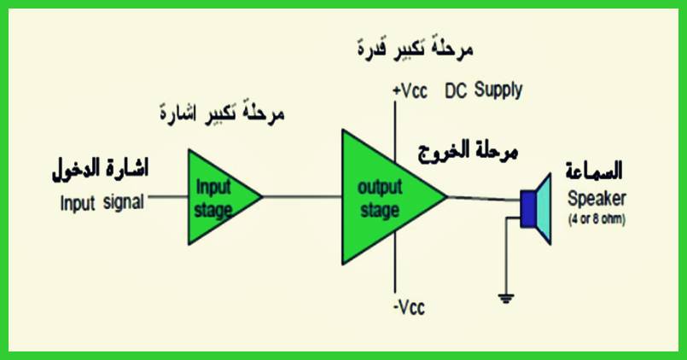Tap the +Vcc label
(x=409, y=91)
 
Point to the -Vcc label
(x=409, y=307)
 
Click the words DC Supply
(x=483, y=90)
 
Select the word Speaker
(x=597, y=199)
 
